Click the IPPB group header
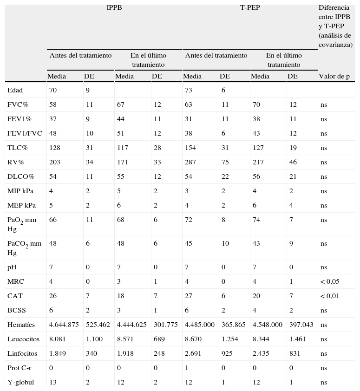point(114,7)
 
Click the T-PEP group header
point(250,7)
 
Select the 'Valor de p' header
point(334,77)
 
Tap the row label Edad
point(15,90)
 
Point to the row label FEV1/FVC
point(25,133)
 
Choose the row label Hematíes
point(21,325)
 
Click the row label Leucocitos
point(23,339)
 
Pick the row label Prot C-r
point(20,368)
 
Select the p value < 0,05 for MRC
point(330,281)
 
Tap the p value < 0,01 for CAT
point(330,296)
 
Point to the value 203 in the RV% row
point(55,162)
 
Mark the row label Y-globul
point(20,382)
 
